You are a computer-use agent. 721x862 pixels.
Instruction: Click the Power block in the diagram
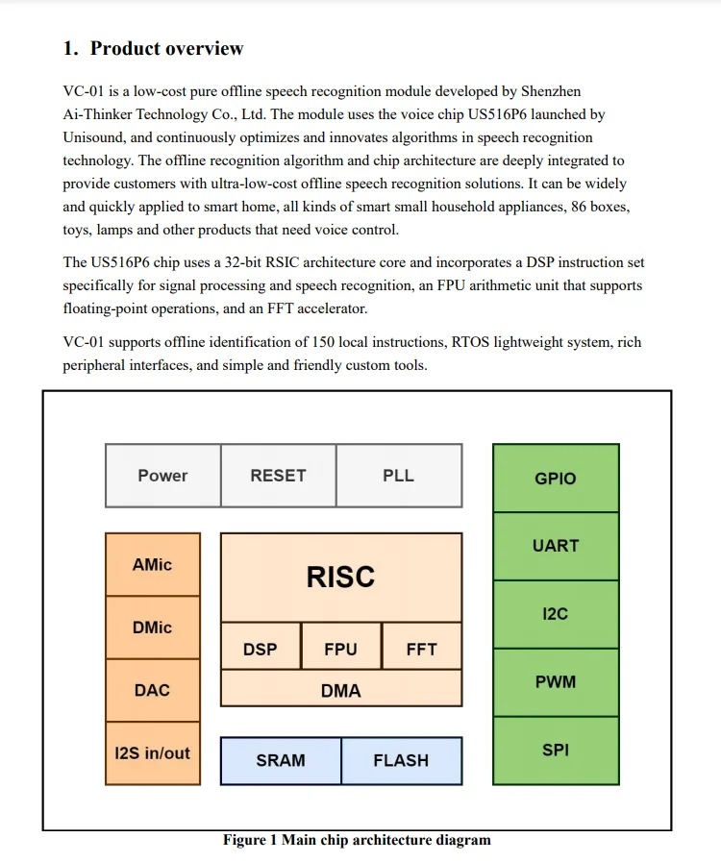(162, 476)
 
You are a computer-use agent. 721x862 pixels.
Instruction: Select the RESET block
(278, 476)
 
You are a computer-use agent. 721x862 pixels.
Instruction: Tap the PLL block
(398, 476)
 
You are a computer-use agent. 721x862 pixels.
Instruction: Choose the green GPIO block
(556, 479)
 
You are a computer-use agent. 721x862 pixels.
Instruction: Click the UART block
(556, 546)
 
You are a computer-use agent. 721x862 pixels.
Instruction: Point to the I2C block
(556, 614)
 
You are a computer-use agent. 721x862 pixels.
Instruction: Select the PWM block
(556, 682)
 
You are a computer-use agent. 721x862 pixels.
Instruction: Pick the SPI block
(556, 751)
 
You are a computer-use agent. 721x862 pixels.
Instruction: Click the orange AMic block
(153, 565)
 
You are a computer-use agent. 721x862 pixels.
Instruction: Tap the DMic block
(153, 628)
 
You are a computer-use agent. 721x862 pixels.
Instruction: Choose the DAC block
(153, 690)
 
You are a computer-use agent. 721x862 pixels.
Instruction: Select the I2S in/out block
(153, 753)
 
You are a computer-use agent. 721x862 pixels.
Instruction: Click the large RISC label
(340, 578)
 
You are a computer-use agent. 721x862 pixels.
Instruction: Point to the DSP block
(261, 650)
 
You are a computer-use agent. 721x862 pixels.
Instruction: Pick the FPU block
(340, 650)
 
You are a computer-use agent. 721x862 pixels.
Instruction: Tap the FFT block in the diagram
(421, 650)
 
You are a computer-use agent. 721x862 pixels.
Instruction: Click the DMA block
(340, 690)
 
